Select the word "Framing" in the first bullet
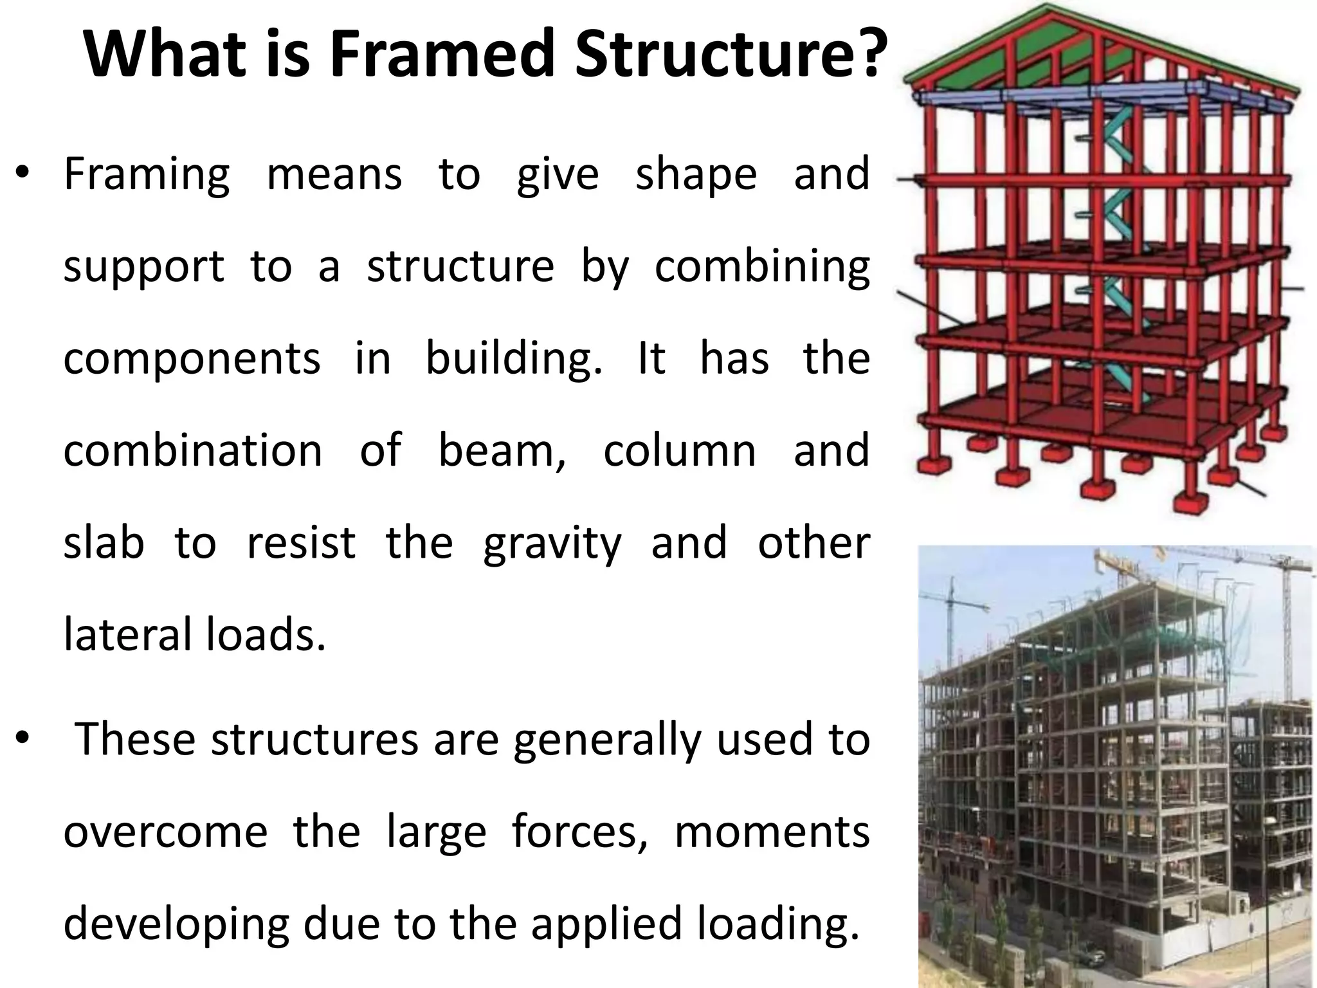tap(147, 175)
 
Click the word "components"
tap(192, 359)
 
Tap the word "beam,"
tap(502, 450)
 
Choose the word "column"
tap(680, 450)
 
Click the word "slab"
tap(104, 542)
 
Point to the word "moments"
tap(772, 832)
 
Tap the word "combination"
tap(193, 450)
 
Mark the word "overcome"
tap(165, 834)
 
